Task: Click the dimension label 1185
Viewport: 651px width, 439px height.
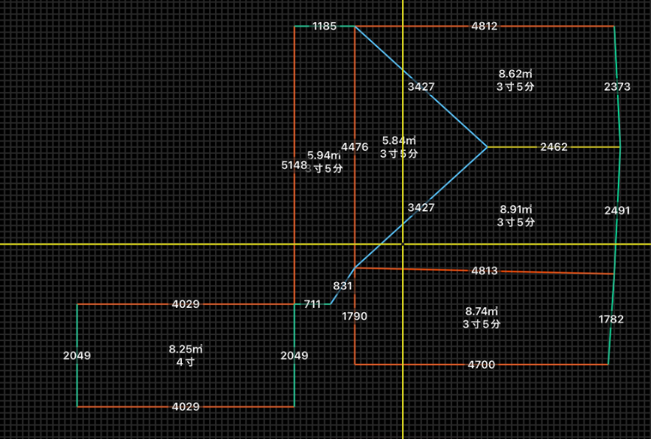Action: [324, 27]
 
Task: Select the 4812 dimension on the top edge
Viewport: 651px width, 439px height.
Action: [485, 27]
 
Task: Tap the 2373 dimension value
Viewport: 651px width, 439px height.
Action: [617, 87]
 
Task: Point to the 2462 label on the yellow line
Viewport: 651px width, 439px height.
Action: [554, 147]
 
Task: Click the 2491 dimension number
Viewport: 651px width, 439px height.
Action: [617, 211]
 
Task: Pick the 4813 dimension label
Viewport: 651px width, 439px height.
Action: [484, 271]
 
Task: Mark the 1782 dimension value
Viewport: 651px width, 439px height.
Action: [611, 320]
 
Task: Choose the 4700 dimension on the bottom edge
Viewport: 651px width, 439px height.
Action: [482, 365]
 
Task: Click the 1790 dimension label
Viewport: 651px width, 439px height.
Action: [354, 316]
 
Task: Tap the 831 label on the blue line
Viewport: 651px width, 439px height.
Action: [342, 286]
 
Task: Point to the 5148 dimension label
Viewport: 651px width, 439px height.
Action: [295, 166]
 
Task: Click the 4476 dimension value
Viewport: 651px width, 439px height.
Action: [354, 147]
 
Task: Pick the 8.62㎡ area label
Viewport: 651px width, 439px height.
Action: [515, 74]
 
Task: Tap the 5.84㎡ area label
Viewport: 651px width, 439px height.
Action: [399, 141]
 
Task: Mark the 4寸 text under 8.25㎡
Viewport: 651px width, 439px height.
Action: [186, 362]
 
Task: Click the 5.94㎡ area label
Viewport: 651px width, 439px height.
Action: [324, 155]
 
